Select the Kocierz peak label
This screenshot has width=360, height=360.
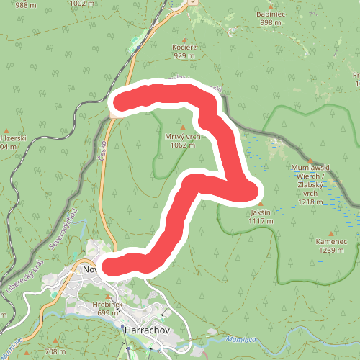[184, 47]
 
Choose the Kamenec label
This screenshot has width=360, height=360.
[331, 241]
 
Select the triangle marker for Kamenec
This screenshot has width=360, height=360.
[331, 233]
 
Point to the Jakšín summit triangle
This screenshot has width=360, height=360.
[261, 204]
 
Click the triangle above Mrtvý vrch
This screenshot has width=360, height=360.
[182, 128]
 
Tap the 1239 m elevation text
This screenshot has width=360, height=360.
[331, 250]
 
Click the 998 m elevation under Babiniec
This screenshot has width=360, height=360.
[271, 22]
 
